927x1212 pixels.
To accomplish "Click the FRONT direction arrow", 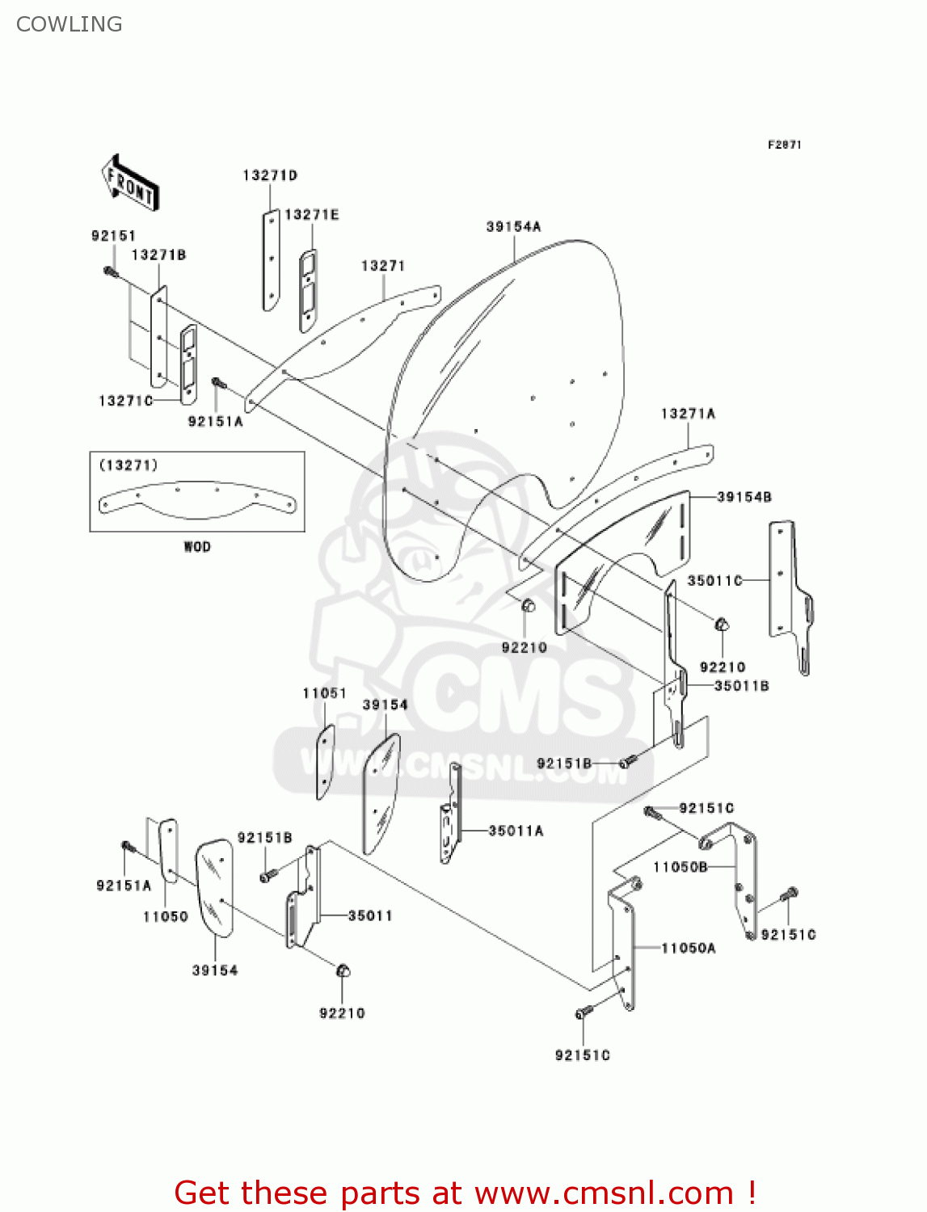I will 130,183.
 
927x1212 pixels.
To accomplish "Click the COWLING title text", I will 70,24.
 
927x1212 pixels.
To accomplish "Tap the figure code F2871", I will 784,145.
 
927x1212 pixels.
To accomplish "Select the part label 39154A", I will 513,227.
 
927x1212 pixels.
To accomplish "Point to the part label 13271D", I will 270,175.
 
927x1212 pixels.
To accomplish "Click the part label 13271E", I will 312,215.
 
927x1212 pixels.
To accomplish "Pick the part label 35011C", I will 714,580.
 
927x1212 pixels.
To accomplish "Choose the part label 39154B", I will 744,497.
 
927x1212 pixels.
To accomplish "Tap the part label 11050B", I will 681,867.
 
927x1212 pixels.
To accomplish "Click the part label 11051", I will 324,693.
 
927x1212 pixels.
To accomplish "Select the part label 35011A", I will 516,831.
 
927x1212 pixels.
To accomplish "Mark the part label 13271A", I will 688,414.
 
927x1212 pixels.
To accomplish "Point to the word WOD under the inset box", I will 197,547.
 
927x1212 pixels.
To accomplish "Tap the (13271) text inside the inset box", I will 129,465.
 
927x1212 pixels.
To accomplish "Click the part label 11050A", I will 689,948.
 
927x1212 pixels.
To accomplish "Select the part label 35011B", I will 741,686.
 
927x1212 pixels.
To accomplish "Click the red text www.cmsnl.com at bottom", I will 603,1193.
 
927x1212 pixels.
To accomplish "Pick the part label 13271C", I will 125,401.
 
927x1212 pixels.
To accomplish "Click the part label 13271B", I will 158,255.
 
